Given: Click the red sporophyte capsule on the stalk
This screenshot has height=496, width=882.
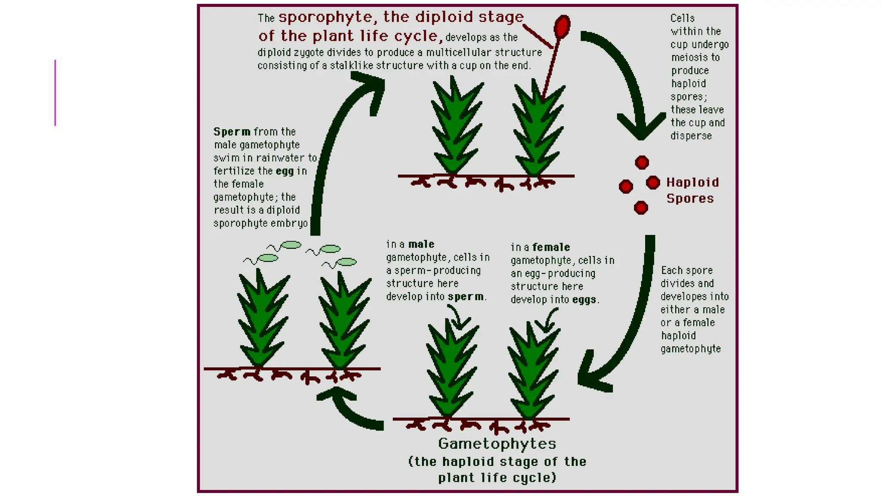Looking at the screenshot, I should tap(562, 26).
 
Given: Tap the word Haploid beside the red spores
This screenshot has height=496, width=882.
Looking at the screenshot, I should tap(693, 183).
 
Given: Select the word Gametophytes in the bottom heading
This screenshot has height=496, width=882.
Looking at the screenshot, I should tap(497, 444).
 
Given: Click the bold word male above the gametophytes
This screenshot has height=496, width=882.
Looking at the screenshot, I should tap(422, 245).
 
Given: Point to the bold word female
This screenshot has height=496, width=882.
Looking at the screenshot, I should tap(551, 248).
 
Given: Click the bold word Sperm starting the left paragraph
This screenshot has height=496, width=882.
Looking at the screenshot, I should tap(232, 132).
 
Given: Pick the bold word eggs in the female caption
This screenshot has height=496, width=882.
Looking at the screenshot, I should tap(584, 300).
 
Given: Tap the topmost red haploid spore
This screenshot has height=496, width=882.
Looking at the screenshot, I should tap(642, 162).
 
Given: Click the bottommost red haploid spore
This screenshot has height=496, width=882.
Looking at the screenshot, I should tap(641, 208).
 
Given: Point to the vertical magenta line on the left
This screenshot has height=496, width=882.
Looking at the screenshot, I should tap(55, 93).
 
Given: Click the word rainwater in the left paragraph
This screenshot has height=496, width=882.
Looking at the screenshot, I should tap(280, 158).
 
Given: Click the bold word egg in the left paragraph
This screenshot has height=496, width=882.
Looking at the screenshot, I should tap(285, 171).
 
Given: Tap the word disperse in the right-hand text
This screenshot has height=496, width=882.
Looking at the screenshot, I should tap(691, 136).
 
